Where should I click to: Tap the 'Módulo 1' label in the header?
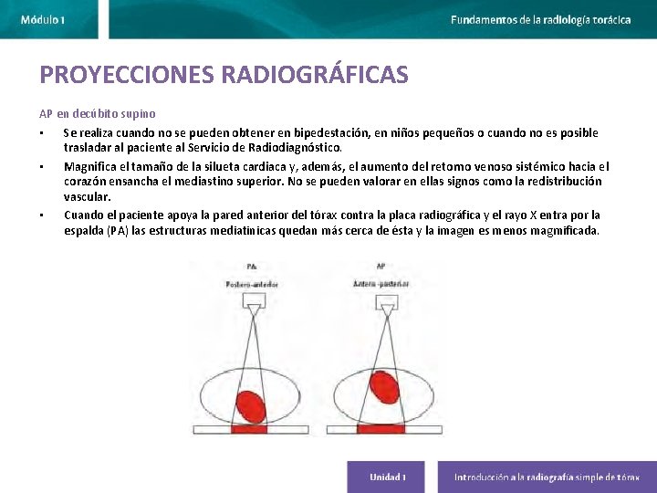pos(43,19)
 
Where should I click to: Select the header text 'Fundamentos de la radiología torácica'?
pos(540,19)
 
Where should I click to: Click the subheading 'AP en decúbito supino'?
pos(97,114)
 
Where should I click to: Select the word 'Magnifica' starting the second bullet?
pos(89,167)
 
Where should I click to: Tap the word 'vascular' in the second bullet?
pos(87,196)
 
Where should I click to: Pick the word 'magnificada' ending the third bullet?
pos(568,231)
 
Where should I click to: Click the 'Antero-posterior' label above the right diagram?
pos(381,285)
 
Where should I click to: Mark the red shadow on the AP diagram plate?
pos(380,428)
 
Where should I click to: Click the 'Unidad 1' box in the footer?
pos(387,477)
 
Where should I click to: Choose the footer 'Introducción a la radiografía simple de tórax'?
pos(547,477)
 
